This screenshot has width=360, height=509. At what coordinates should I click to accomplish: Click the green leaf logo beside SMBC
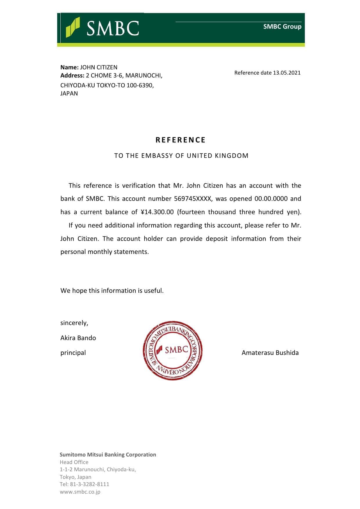point(73,27)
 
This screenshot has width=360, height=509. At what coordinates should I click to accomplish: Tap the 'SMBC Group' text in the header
point(282,26)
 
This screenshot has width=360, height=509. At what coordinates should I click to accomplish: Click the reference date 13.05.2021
point(287,73)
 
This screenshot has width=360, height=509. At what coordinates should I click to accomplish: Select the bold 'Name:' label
point(69,67)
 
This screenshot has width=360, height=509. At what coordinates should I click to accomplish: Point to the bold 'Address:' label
point(72,75)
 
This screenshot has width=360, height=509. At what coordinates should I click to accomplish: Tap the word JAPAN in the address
point(69,93)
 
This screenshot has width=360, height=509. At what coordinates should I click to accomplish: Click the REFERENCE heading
point(180,140)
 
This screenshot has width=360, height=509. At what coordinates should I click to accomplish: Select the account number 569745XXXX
point(193,199)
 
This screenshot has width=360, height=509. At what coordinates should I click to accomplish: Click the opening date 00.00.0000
point(271,199)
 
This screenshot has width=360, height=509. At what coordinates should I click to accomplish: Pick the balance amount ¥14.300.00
point(157,212)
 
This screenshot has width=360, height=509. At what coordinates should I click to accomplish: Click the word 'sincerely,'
point(74,323)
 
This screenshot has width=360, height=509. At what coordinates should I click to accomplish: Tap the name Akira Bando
point(78,338)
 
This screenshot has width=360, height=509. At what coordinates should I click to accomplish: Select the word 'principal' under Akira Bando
point(73,353)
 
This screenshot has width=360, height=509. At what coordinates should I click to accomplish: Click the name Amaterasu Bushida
point(270,353)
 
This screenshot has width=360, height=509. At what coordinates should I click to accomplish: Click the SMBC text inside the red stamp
point(177,349)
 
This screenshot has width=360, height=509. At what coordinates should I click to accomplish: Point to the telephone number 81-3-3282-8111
point(89,484)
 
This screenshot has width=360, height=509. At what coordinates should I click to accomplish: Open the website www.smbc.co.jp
point(80,492)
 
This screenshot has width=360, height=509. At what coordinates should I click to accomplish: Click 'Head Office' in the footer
point(74,462)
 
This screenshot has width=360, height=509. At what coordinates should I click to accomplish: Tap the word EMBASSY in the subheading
point(157,156)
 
